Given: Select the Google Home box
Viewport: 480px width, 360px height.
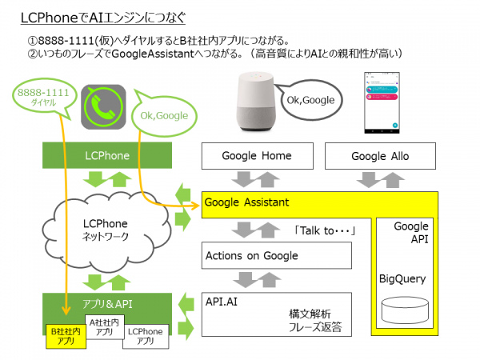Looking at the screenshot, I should (256, 156).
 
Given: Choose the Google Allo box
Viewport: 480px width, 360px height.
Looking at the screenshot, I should (378, 156).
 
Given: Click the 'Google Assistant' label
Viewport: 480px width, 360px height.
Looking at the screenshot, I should (246, 202).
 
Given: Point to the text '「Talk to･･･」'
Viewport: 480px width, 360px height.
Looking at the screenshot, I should (324, 230).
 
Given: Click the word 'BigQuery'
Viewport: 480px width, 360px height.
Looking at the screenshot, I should (402, 280).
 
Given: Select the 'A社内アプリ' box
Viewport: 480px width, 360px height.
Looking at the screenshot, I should (102, 326).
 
